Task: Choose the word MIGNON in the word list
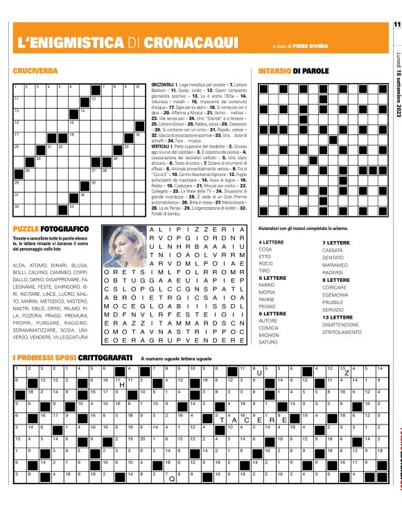(269, 335)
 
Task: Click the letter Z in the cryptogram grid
(347, 373)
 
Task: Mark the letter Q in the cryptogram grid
(171, 478)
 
